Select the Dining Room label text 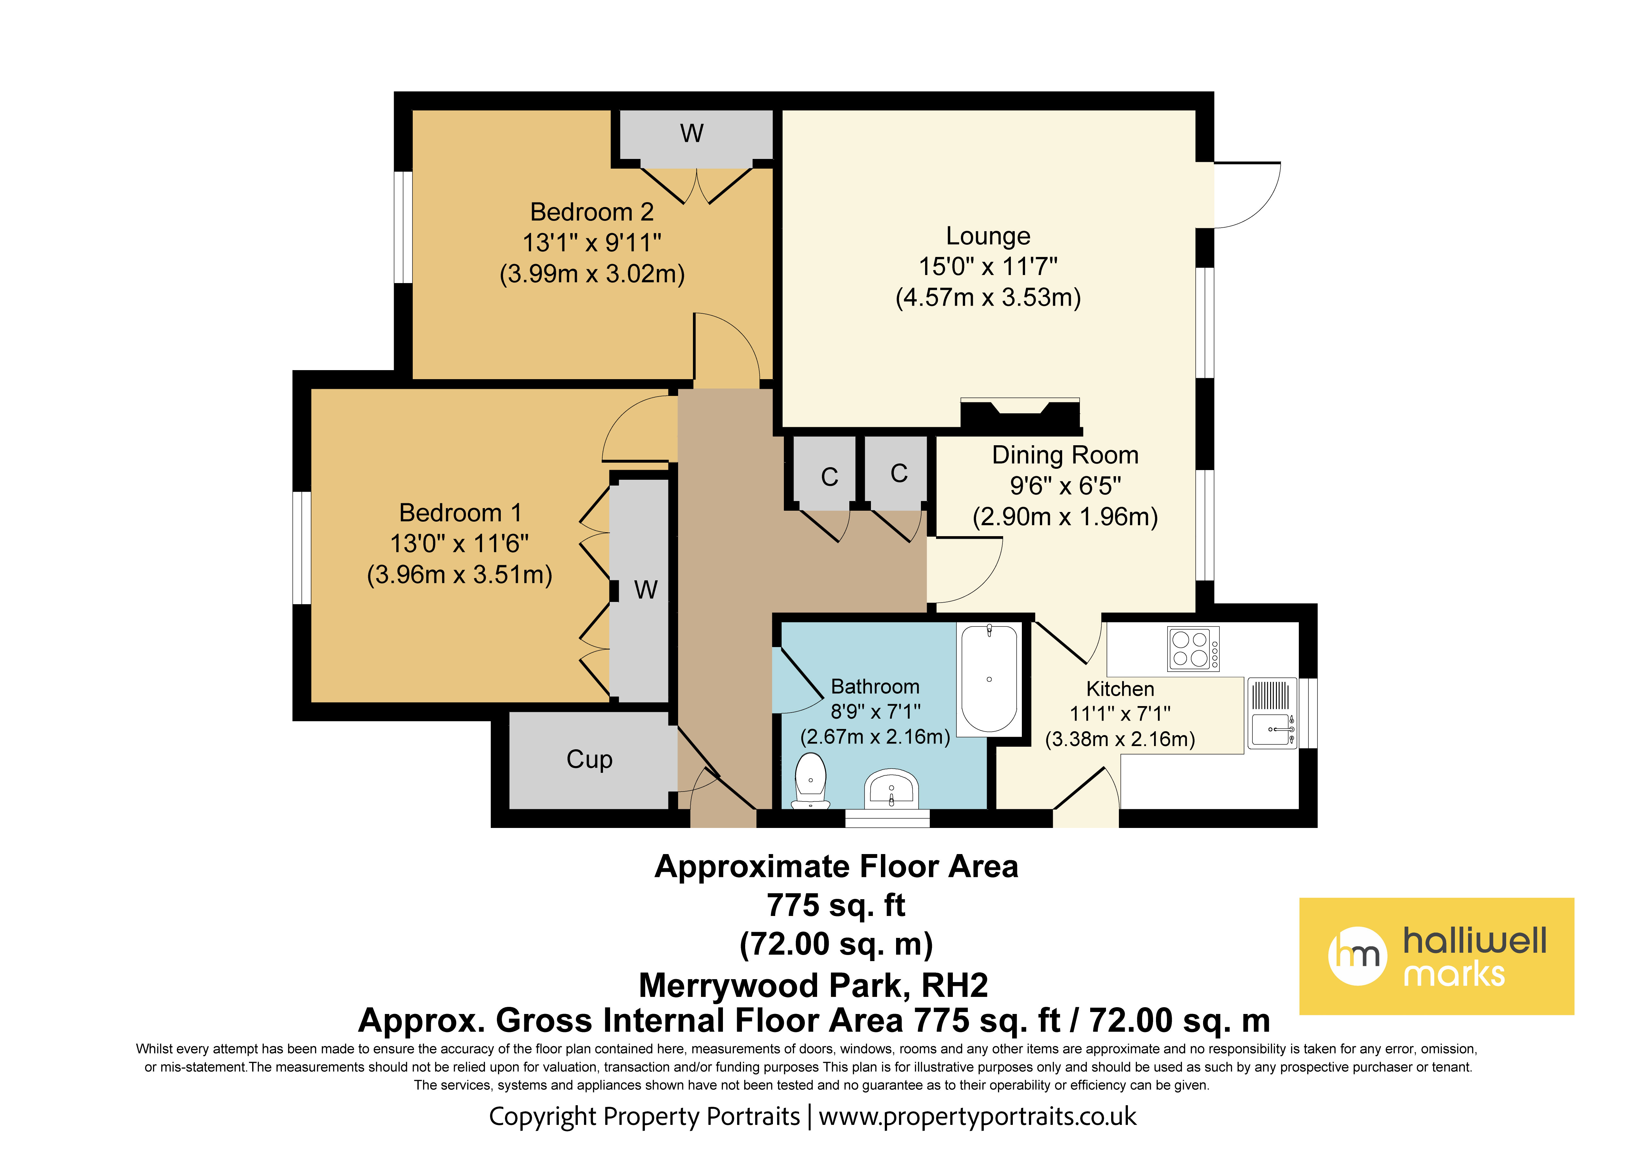point(1065,455)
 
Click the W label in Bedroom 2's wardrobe point(692,133)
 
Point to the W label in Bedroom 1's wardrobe point(646,590)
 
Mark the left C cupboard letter point(829,477)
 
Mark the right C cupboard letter point(899,473)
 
